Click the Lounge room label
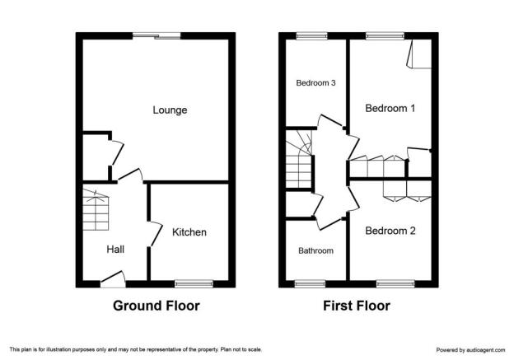170,110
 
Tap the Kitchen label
189,232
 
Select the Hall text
115,250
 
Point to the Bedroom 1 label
390,108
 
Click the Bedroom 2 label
390,231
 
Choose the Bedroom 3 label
315,83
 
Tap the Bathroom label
315,250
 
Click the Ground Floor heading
157,306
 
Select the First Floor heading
357,306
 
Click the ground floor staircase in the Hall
96,210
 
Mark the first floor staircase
299,159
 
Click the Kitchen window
194,284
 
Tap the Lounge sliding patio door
157,35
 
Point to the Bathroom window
310,284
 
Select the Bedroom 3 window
311,36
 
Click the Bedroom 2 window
395,284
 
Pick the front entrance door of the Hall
113,279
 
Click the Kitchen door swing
156,234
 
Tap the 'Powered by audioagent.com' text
470,350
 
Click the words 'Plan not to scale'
241,349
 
